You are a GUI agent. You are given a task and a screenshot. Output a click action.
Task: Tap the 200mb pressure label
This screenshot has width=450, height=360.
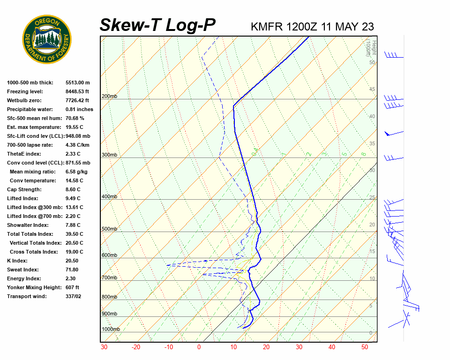click(109, 97)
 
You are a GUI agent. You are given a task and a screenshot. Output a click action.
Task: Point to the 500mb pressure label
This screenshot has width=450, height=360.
click(109, 229)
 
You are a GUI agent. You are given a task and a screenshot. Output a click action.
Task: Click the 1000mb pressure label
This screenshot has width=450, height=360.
click(111, 330)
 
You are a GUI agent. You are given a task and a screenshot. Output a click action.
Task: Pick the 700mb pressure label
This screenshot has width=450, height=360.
click(109, 278)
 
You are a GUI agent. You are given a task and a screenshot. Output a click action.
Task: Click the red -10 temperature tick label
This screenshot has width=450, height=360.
click(168, 347)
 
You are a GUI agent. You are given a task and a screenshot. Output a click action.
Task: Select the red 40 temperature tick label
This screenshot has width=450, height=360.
click(332, 347)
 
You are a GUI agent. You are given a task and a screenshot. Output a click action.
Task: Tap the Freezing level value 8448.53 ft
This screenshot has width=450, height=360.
click(77, 91)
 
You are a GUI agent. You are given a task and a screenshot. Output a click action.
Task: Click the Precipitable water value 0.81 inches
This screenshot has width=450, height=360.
click(79, 109)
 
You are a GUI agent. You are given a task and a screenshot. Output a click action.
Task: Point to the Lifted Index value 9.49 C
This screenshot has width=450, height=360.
click(73, 198)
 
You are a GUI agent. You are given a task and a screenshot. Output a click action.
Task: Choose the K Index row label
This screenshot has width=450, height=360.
click(17, 261)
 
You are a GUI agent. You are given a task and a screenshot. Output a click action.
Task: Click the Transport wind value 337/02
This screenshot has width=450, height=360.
click(74, 296)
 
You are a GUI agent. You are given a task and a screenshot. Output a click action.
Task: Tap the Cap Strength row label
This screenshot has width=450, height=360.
click(24, 189)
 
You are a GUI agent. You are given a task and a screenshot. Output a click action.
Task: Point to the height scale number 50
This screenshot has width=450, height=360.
click(372, 62)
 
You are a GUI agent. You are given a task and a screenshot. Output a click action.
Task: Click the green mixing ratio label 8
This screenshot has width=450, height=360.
click(363, 154)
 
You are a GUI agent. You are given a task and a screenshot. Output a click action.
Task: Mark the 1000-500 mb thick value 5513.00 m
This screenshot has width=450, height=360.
click(78, 82)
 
